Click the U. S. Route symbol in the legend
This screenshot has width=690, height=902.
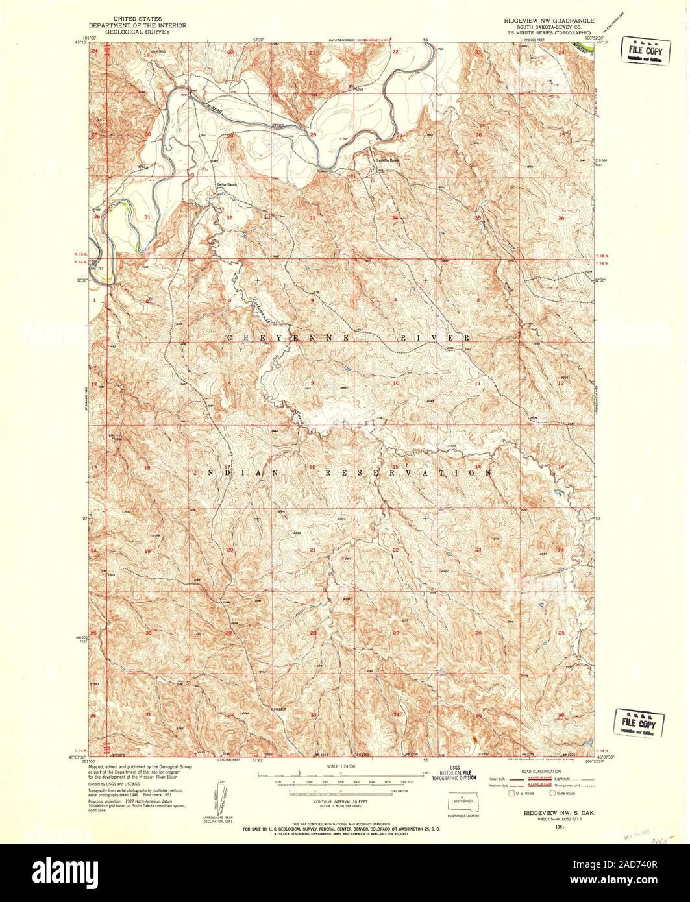(x=511, y=793)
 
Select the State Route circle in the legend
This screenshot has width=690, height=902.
(x=552, y=793)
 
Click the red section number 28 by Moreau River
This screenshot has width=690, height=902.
(x=313, y=134)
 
